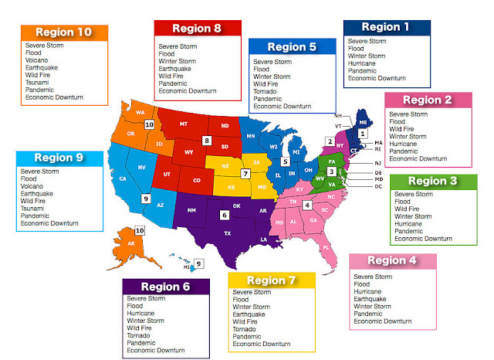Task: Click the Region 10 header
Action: pyautogui.click(x=63, y=32)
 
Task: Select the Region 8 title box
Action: pyautogui.click(x=197, y=29)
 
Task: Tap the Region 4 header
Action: pyautogui.click(x=392, y=261)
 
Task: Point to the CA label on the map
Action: pyautogui.click(x=123, y=179)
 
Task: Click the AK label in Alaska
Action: pyautogui.click(x=131, y=243)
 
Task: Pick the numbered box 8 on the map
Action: pyautogui.click(x=207, y=141)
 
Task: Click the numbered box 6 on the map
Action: pyautogui.click(x=224, y=215)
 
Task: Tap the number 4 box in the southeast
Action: pyautogui.click(x=307, y=205)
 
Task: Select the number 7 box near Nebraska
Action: pyautogui.click(x=245, y=174)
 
